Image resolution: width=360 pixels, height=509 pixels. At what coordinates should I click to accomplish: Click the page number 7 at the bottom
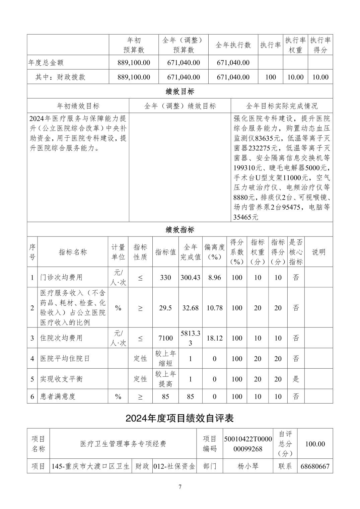[x=180, y=487]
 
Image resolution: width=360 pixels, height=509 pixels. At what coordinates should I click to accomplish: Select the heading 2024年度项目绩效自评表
[x=179, y=418]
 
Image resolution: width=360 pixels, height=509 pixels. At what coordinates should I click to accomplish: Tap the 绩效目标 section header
[x=180, y=91]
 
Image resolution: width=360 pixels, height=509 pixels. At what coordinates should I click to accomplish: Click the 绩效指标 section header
[x=180, y=229]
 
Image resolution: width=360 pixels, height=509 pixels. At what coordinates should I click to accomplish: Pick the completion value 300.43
[x=190, y=277]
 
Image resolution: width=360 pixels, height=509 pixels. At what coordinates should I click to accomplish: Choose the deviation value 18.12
[x=214, y=338]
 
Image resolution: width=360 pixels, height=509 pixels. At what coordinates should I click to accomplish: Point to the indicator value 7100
[x=165, y=338]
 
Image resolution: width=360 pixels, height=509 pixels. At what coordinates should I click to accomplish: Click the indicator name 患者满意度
[x=58, y=396]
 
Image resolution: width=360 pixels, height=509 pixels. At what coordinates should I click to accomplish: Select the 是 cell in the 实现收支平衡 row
[x=296, y=379]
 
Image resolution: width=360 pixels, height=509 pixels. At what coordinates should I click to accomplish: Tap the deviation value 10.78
[x=214, y=308]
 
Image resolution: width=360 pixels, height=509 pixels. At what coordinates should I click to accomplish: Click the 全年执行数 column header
[x=233, y=45]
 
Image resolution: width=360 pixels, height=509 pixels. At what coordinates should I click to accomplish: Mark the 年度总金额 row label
[x=46, y=62]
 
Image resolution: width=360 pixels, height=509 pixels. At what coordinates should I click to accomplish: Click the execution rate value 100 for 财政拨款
[x=271, y=77]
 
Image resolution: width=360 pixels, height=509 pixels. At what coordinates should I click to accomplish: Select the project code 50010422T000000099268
[x=248, y=444]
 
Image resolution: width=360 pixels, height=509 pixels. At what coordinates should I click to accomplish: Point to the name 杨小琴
[x=248, y=466]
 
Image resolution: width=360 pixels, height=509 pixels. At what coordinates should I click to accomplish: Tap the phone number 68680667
[x=315, y=466]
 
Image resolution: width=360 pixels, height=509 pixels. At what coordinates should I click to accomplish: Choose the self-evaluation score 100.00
[x=315, y=444]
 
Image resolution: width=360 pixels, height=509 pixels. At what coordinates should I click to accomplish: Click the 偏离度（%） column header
[x=214, y=252]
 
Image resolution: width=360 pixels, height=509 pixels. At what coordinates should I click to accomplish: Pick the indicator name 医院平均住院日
[x=65, y=358]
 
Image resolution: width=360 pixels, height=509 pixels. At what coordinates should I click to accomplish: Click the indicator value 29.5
[x=165, y=308]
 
